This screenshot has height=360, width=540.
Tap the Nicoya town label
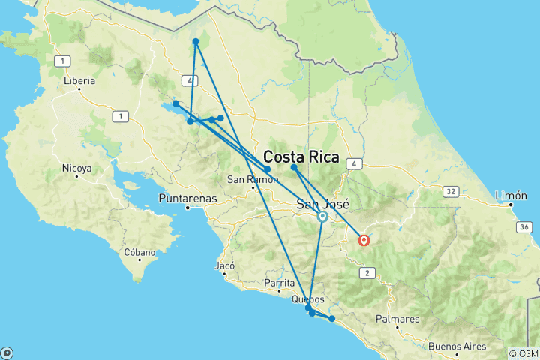[x=77, y=169]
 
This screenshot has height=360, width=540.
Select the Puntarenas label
[x=187, y=199]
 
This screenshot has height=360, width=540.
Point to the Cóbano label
[x=140, y=252]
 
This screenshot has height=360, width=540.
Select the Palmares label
[x=397, y=319]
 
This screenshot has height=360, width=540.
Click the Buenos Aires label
[x=455, y=346]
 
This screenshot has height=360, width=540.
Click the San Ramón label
[x=247, y=179]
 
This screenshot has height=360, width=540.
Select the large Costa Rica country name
[x=301, y=158]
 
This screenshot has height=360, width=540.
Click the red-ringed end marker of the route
[x=364, y=241]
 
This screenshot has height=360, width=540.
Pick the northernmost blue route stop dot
[x=195, y=41]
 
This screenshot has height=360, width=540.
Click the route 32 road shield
[x=451, y=192]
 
